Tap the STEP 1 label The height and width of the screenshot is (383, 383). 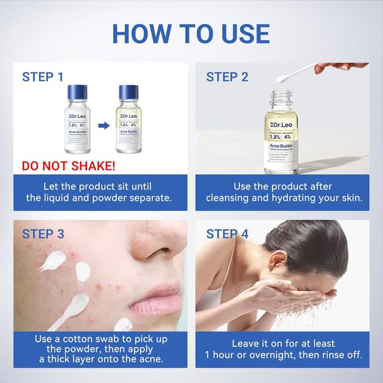42,77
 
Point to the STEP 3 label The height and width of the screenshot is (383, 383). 43,234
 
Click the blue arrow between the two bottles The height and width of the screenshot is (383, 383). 104,126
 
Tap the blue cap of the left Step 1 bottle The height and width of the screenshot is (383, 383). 78,92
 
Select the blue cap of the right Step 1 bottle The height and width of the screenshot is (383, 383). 129,92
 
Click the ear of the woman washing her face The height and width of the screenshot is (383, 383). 276,262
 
